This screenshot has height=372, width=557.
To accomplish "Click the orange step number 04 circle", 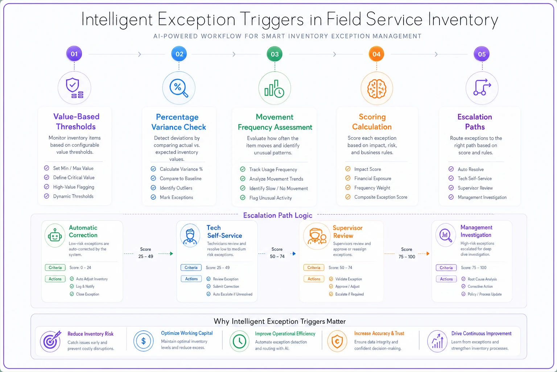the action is [x=376, y=54].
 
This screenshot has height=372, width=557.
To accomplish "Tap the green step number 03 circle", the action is [x=275, y=54].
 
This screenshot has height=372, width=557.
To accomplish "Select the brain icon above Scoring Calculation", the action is [x=377, y=88].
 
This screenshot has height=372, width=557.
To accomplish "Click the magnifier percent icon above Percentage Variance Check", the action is [x=179, y=88].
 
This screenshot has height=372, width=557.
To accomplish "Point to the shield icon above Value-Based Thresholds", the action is [x=74, y=88].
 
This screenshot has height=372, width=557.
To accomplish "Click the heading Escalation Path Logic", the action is [x=278, y=215].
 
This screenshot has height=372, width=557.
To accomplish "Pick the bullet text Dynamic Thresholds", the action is [x=73, y=196].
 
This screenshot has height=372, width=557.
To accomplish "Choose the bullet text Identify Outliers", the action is [x=176, y=188].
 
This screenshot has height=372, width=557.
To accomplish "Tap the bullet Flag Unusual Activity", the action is [x=271, y=198].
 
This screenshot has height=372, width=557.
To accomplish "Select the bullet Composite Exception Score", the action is [x=381, y=197].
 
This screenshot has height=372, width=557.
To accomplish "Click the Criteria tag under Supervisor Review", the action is [x=314, y=268].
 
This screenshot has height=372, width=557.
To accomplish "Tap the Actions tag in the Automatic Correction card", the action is [x=55, y=279].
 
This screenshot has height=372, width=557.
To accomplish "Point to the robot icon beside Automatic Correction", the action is [x=55, y=235].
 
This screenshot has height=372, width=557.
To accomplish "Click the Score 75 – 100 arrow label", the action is [x=407, y=253].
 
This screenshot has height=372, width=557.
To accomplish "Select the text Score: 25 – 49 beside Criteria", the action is [x=218, y=268].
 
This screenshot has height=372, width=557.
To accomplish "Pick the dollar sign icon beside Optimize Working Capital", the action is [x=144, y=341].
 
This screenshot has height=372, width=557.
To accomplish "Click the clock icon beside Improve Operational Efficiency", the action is [x=239, y=341].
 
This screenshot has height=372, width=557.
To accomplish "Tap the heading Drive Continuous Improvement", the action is [x=482, y=333].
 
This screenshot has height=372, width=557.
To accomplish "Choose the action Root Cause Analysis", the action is [x=482, y=279].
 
